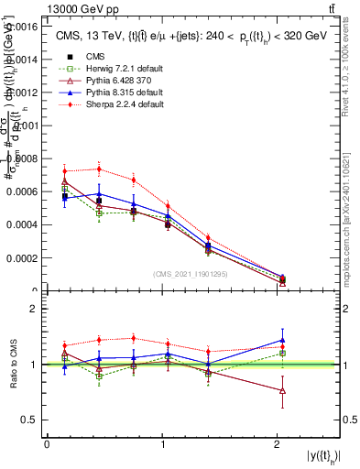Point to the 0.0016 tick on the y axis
pyautogui.click(x=23, y=27)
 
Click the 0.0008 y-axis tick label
pyautogui.click(x=23, y=158)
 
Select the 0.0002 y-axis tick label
pyautogui.click(x=23, y=257)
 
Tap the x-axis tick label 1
pyautogui.click(x=162, y=444)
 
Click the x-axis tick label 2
pyautogui.click(x=276, y=444)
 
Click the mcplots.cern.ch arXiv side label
pyautogui.click(x=349, y=211)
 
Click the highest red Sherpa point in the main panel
pyautogui.click(x=99, y=169)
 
